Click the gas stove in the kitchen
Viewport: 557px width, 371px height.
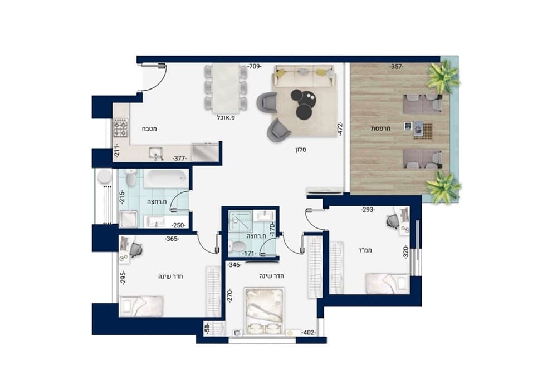coord(120,128)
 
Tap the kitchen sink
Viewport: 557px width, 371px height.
coord(156,153)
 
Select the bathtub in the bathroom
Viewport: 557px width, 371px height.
coord(166,179)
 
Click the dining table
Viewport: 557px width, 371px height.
coord(226,88)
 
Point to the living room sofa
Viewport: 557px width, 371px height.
coord(303,76)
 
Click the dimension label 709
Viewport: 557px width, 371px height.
coord(255,66)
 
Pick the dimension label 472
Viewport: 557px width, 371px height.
coord(340,129)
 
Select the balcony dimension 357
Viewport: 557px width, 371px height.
coord(397,66)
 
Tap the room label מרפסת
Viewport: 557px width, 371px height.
coord(381,128)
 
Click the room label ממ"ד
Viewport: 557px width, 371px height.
coord(365,250)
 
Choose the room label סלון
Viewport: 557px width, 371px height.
coord(301,150)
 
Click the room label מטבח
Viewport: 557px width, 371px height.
coord(149,128)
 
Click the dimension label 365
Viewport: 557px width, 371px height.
coord(172,239)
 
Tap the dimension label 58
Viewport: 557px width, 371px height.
coord(207,328)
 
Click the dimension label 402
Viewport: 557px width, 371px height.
coord(309,333)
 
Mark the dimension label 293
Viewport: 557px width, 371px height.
coord(368,210)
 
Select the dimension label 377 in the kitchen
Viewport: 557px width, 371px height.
coord(180,159)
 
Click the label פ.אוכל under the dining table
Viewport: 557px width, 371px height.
coord(226,117)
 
